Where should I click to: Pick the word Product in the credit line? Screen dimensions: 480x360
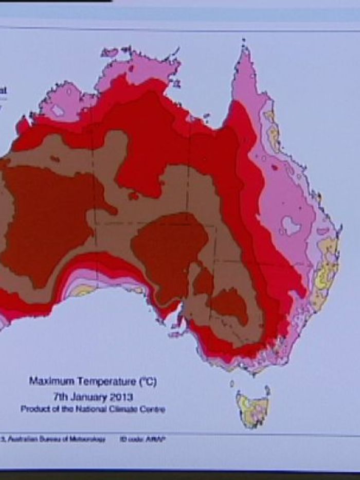pyautogui.click(x=35, y=410)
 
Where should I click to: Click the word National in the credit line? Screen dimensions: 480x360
pyautogui.click(x=91, y=410)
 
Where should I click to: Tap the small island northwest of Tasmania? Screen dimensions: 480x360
pyautogui.click(x=232, y=383)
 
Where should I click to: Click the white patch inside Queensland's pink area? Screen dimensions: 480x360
pyautogui.click(x=291, y=225)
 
